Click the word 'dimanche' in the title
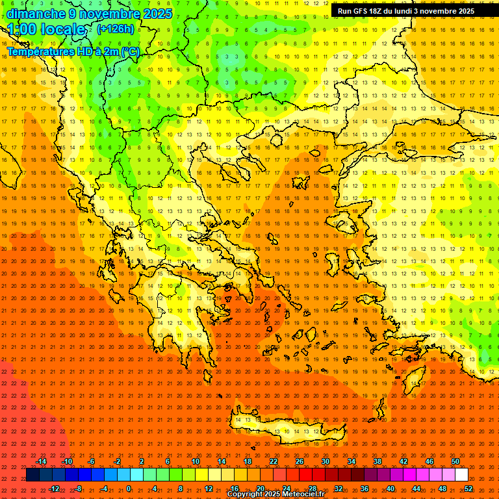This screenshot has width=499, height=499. coord(32,14)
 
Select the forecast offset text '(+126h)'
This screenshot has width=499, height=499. coord(115,29)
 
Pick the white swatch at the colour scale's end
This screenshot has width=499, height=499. coord(461,475)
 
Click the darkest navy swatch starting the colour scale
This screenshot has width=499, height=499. coord(32,475)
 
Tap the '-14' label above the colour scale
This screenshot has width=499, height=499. coord(41,461)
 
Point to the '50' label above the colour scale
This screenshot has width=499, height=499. coord(455,461)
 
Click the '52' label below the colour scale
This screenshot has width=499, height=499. coord(468,489)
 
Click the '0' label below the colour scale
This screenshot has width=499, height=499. coord(129,489)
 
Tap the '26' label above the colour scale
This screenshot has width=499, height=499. coord(300,461)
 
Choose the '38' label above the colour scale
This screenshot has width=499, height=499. coord(377,461)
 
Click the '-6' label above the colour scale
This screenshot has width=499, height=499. coord(92,461)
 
